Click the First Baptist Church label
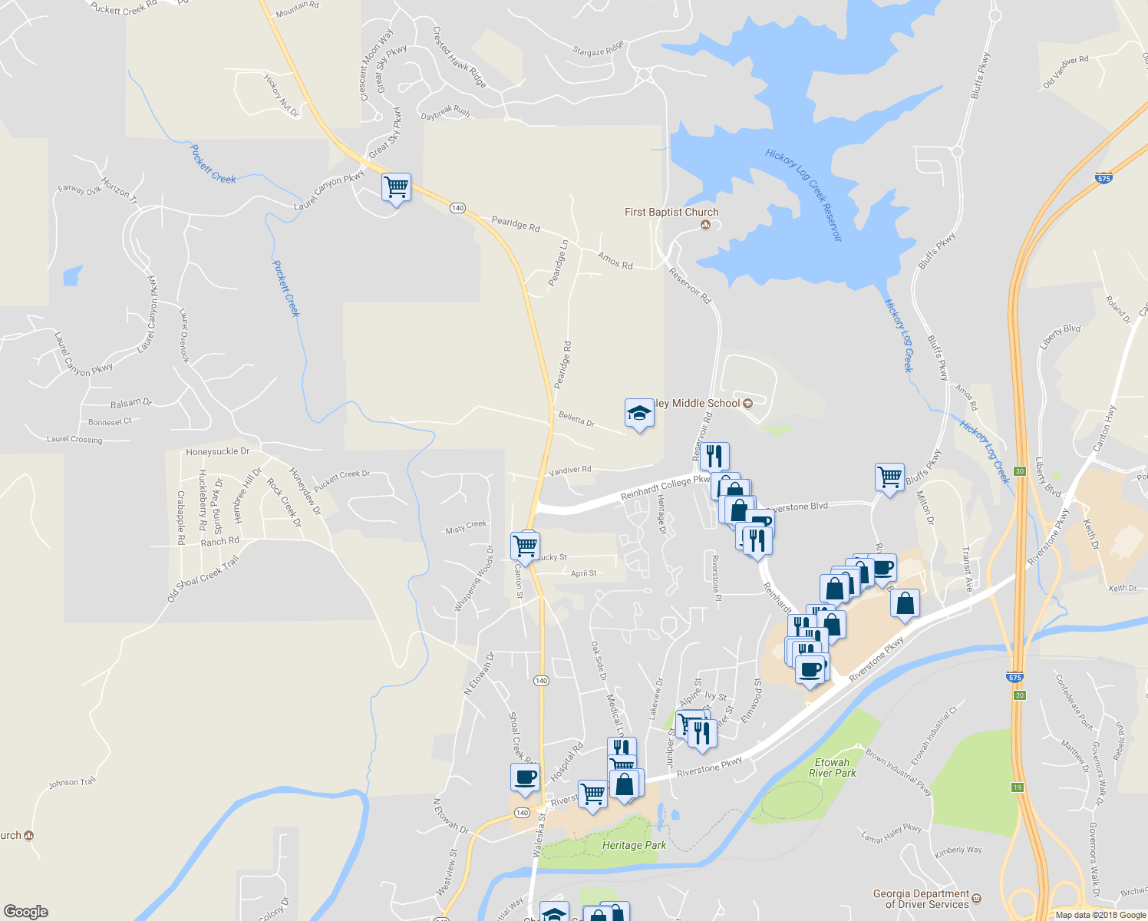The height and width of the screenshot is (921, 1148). (x=671, y=213)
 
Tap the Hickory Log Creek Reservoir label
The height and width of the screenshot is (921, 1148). (x=804, y=195)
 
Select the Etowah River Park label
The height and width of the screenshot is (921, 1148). (x=832, y=767)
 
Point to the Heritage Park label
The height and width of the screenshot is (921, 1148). (x=634, y=845)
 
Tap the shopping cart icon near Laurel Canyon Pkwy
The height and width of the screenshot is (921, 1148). (x=396, y=187)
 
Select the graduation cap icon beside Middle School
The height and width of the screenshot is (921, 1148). (x=638, y=414)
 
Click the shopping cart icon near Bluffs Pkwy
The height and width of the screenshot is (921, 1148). (x=889, y=477)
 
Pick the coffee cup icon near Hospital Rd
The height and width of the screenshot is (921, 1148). (x=525, y=777)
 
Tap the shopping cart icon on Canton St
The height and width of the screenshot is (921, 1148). (x=525, y=546)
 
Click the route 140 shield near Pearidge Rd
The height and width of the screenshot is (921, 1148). (x=457, y=208)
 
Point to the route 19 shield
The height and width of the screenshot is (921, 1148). (x=1018, y=787)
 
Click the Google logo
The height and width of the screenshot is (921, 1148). (x=26, y=911)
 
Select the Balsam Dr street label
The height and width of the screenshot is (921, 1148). (x=131, y=402)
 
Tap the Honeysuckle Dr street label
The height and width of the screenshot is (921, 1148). (x=217, y=452)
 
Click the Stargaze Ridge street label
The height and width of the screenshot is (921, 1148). (x=599, y=51)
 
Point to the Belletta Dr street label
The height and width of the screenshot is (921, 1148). (x=576, y=419)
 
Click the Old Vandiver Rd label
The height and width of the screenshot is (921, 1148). (x=1065, y=71)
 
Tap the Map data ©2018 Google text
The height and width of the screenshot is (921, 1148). (x=1100, y=915)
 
